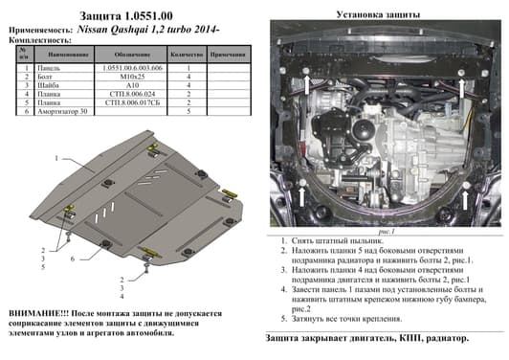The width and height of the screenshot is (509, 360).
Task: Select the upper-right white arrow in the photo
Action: coord(463,88)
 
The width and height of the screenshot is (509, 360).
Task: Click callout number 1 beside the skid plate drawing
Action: coord(56,157)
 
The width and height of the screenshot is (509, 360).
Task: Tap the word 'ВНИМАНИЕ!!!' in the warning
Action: coord(38,313)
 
